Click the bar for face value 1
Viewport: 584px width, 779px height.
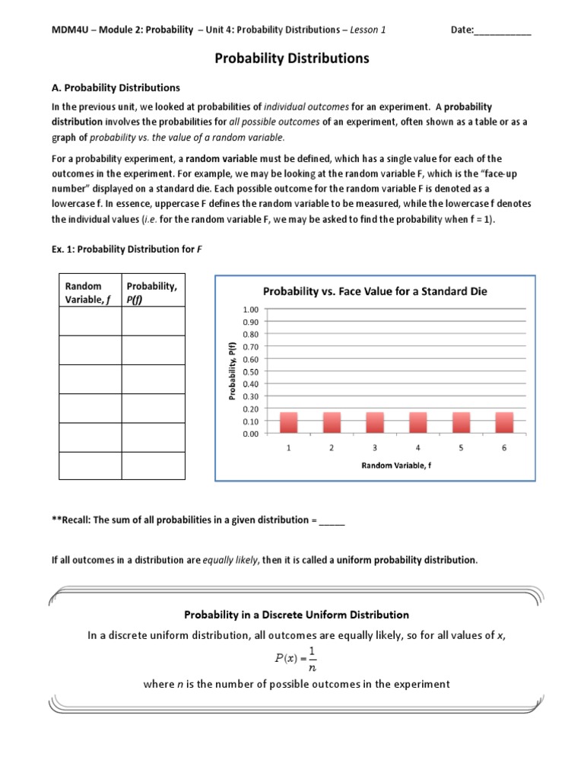pyautogui.click(x=289, y=422)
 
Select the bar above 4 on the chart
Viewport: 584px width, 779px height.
pyautogui.click(x=417, y=422)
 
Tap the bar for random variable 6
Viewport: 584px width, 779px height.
pyautogui.click(x=504, y=422)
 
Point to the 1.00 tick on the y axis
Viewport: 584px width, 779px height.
pyautogui.click(x=250, y=310)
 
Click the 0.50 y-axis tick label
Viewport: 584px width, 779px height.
pyautogui.click(x=250, y=372)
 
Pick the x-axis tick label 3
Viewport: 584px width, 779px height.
pyautogui.click(x=375, y=448)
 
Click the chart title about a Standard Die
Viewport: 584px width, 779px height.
pyautogui.click(x=375, y=291)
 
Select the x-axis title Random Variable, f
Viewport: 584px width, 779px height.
pyautogui.click(x=395, y=465)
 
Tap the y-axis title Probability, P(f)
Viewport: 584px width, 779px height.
pyautogui.click(x=233, y=371)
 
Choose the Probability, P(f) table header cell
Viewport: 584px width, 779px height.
pyautogui.click(x=152, y=292)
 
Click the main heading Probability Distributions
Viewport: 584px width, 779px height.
pyautogui.click(x=292, y=58)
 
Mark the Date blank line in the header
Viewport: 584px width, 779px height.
pyautogui.click(x=503, y=30)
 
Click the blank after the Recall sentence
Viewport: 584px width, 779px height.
pyautogui.click(x=332, y=521)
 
